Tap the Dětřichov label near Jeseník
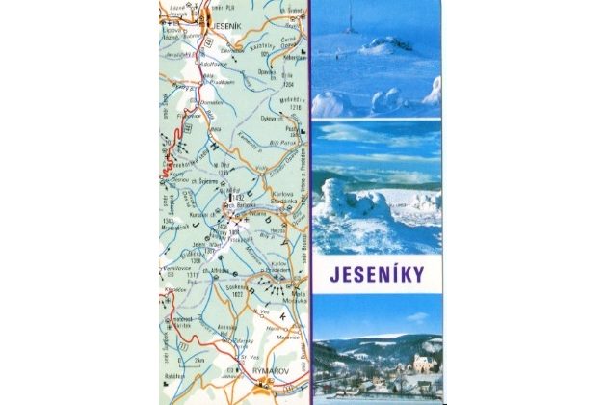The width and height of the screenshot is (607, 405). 233,48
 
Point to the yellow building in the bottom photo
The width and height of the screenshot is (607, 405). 422,364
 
